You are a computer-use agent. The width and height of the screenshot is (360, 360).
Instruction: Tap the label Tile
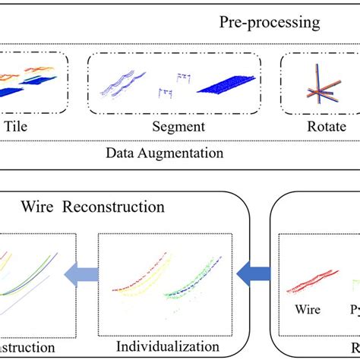click(x=21, y=127)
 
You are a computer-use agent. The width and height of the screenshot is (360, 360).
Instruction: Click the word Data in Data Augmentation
click(x=119, y=152)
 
